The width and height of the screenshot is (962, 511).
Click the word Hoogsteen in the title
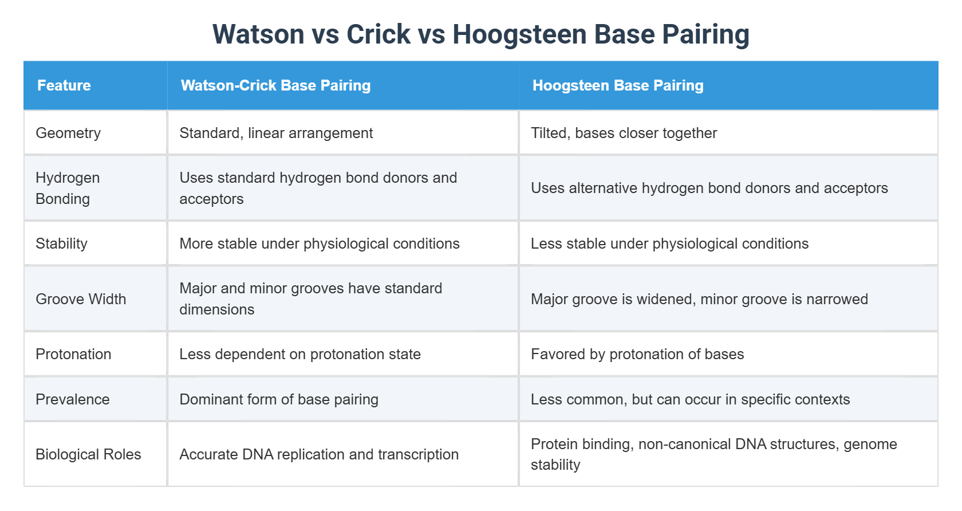click(x=519, y=34)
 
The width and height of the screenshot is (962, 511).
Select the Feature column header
click(x=64, y=85)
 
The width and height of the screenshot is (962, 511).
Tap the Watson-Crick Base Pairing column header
click(x=275, y=85)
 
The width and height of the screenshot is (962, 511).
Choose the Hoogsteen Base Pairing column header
click(x=618, y=85)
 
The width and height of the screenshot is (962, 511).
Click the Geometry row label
click(x=68, y=133)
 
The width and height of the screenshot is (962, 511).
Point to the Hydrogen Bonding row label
click(x=68, y=188)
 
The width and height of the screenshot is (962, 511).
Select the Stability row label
click(x=61, y=243)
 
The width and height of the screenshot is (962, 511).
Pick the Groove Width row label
click(x=81, y=299)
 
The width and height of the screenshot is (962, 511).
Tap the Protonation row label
click(x=73, y=354)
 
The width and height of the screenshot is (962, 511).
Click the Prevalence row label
click(x=72, y=399)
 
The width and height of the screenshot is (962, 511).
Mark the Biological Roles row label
click(x=88, y=454)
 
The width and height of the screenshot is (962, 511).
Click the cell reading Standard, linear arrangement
click(x=276, y=133)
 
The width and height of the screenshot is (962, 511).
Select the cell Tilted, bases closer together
click(x=624, y=133)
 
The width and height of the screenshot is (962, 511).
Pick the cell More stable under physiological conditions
click(x=319, y=243)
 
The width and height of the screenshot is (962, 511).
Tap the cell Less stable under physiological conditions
click(x=669, y=243)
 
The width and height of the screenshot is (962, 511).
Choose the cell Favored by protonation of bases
click(x=637, y=354)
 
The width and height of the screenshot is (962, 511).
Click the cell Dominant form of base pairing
click(x=279, y=399)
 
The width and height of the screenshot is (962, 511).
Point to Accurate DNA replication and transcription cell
click(x=319, y=454)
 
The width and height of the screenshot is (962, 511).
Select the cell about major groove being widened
click(x=699, y=299)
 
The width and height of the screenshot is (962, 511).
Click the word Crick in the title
click(x=379, y=34)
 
